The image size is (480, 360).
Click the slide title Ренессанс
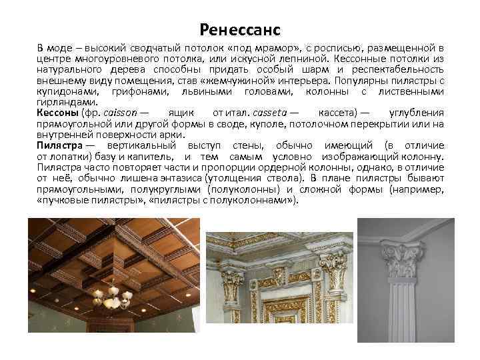(240, 30)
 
